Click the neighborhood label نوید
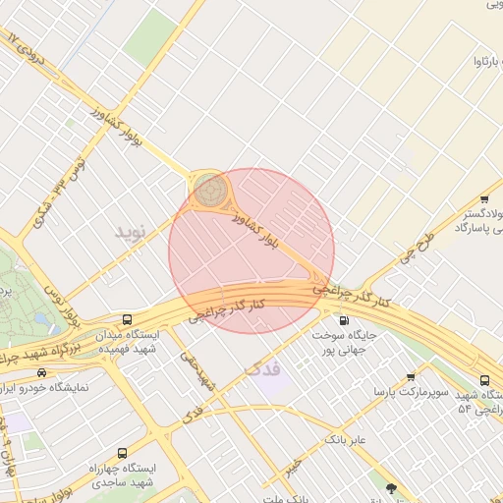tap(130, 232)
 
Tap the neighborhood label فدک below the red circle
tap(259, 369)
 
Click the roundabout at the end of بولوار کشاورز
tap(210, 190)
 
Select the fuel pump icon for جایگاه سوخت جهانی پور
tap(342, 319)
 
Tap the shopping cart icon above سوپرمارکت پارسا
tap(411, 376)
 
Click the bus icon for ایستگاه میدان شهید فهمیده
tap(127, 319)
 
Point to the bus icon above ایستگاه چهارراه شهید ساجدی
tap(121, 454)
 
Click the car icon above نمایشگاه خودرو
tap(41, 372)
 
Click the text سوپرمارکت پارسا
tap(411, 392)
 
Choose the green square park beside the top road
tap(149, 37)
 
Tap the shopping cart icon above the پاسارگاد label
tap(487, 187)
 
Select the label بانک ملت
tap(285, 498)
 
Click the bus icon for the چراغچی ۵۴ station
tap(484, 380)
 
